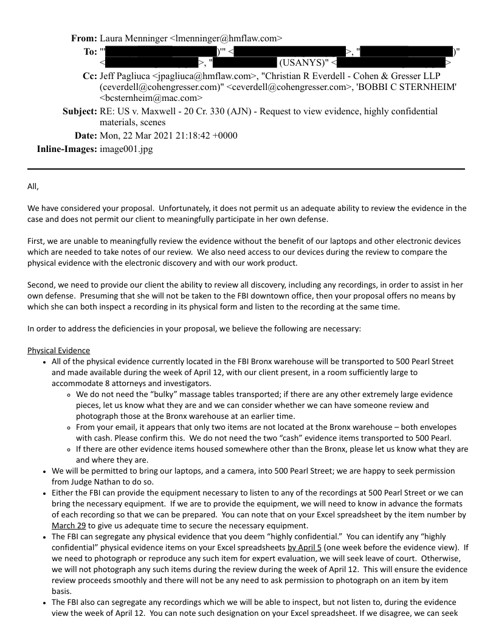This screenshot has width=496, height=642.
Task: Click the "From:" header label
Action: [84, 38]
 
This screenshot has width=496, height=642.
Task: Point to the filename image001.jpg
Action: [126, 149]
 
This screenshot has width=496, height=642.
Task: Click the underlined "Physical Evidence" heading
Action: [58, 351]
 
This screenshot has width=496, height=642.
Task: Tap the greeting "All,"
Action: [33, 187]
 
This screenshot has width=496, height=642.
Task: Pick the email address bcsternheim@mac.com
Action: [151, 97]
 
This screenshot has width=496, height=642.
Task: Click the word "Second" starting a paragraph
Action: [41, 285]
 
